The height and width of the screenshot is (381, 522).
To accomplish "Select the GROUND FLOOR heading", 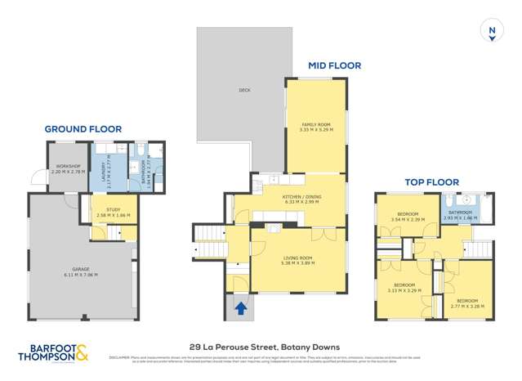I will coord(83,129).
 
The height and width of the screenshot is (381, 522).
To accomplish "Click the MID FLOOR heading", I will coord(333,65).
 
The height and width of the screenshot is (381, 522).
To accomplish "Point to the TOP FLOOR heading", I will coord(431,182).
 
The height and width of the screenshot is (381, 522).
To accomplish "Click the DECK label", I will coord(243,91).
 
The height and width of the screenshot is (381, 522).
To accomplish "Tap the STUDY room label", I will coord(113,209).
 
